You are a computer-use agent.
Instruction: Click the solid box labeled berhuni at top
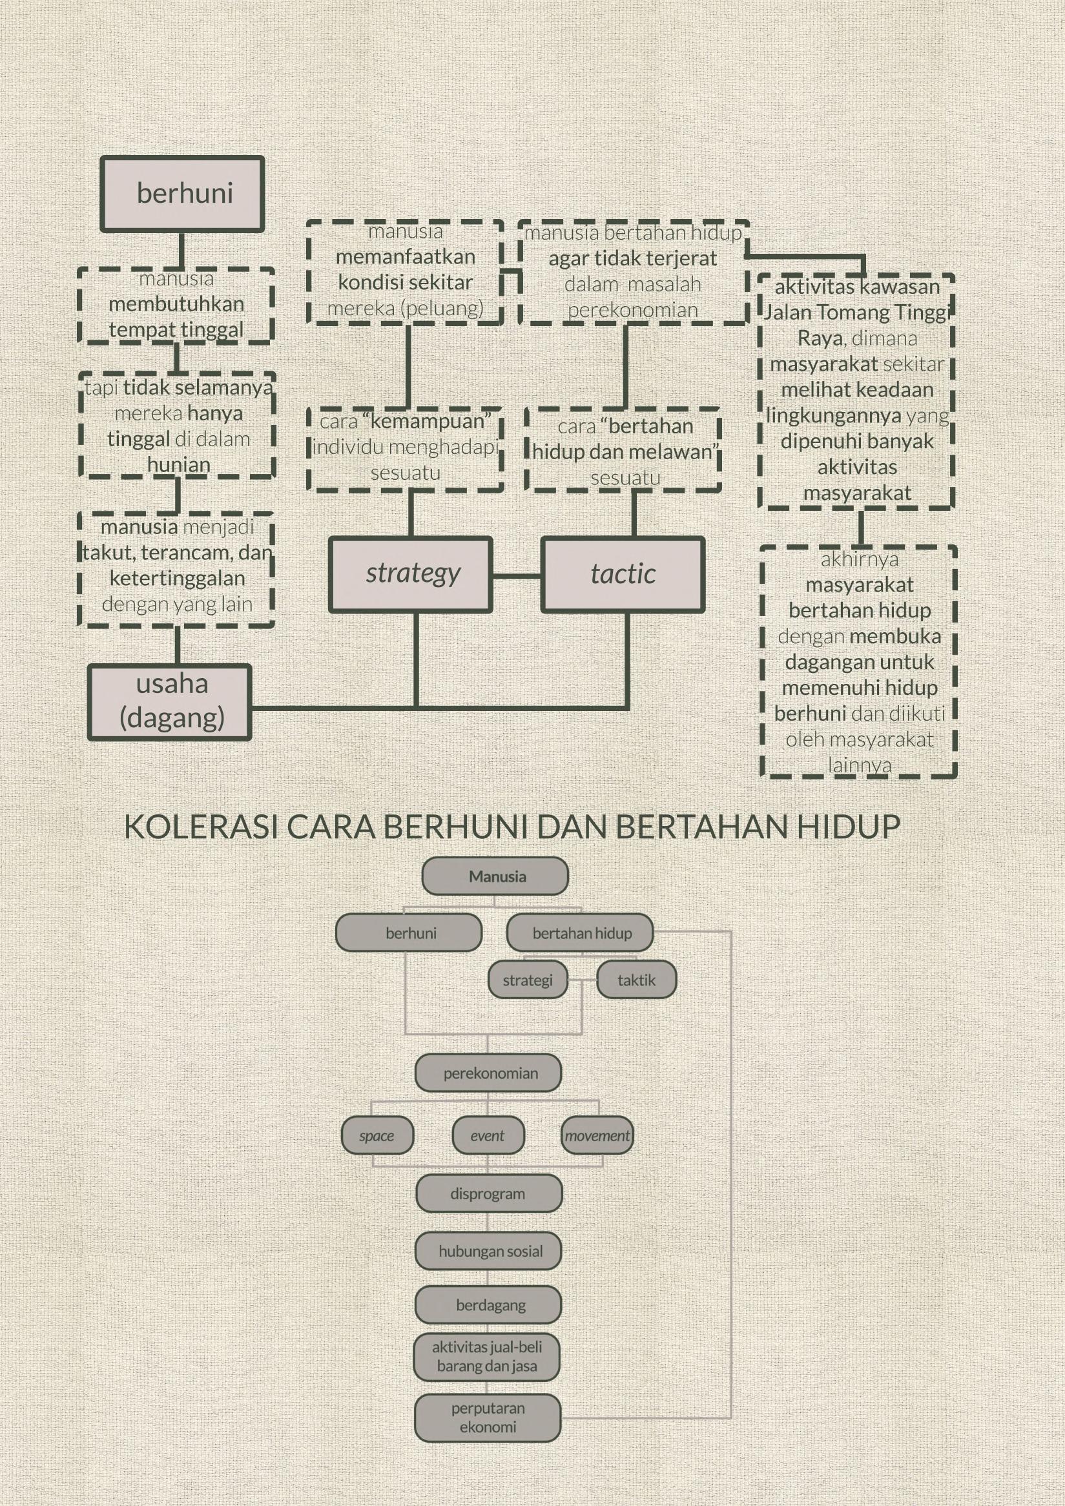pyautogui.click(x=182, y=194)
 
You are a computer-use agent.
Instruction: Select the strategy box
pyautogui.click(x=411, y=575)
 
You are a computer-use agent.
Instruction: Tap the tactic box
pyautogui.click(x=623, y=575)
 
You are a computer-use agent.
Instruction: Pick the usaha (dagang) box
pyautogui.click(x=170, y=702)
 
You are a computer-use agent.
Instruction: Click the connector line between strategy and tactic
pyautogui.click(x=517, y=577)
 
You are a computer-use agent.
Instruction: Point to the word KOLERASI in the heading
pyautogui.click(x=202, y=827)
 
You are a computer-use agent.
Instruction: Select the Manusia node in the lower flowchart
pyautogui.click(x=495, y=876)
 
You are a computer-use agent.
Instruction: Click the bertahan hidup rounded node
pyautogui.click(x=580, y=933)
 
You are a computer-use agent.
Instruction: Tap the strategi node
pyautogui.click(x=527, y=980)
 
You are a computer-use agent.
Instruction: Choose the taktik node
pyautogui.click(x=636, y=980)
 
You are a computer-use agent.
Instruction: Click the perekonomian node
pyautogui.click(x=488, y=1074)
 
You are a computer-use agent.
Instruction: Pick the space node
pyautogui.click(x=377, y=1135)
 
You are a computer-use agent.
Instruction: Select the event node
pyautogui.click(x=488, y=1135)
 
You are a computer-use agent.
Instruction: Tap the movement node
pyautogui.click(x=597, y=1135)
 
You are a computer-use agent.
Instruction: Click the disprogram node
pyautogui.click(x=488, y=1194)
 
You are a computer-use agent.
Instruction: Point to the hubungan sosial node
pyautogui.click(x=488, y=1252)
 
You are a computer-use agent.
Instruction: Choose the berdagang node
pyautogui.click(x=488, y=1305)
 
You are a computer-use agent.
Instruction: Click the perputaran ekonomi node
pyautogui.click(x=487, y=1418)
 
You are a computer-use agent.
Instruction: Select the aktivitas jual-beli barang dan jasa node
pyautogui.click(x=486, y=1357)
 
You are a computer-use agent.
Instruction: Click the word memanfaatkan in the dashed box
pyautogui.click(x=406, y=257)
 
